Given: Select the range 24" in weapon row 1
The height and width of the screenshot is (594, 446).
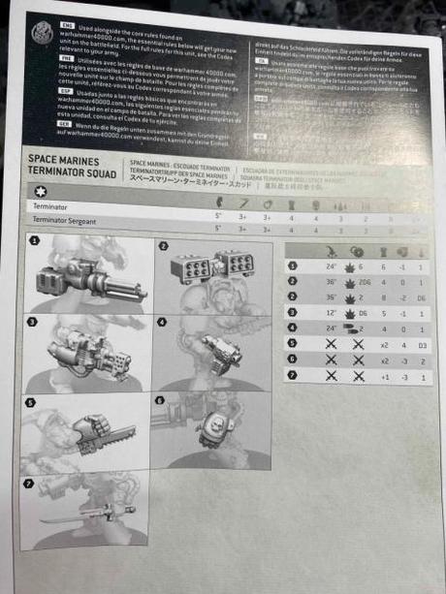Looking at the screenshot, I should [332, 265].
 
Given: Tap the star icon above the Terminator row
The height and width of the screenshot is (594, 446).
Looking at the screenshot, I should [39, 194].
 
